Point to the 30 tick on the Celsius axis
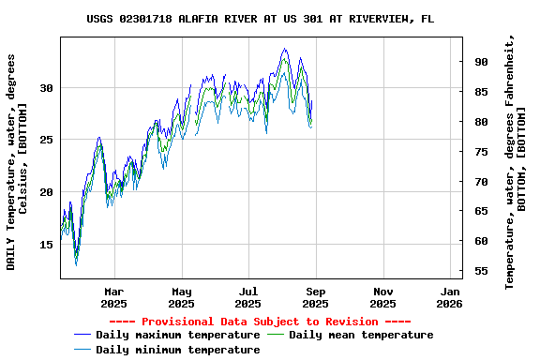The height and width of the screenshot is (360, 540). (x=47, y=87)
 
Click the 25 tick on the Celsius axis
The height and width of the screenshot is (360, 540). (x=47, y=140)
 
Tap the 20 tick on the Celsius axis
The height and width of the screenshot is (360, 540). (x=47, y=192)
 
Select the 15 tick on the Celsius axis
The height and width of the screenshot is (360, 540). (x=47, y=245)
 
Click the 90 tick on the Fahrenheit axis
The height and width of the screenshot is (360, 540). (x=481, y=62)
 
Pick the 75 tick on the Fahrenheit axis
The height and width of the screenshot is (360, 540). (x=481, y=152)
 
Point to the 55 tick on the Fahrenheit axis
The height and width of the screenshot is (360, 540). (x=481, y=272)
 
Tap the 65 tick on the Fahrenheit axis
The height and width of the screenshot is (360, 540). (x=481, y=212)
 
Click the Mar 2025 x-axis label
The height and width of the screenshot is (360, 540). (x=113, y=297)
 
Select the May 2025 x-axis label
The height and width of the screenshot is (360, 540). (x=181, y=297)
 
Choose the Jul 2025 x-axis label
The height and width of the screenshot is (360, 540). (x=248, y=297)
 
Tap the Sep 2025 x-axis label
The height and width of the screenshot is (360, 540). (x=316, y=297)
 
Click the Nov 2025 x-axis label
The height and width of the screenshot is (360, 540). (x=382, y=297)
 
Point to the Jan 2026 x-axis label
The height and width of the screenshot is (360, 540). (x=450, y=297)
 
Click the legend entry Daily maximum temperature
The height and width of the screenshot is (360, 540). (x=177, y=335)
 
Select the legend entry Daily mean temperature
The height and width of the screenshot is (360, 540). (x=361, y=335)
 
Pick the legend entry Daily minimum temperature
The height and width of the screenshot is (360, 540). (x=177, y=350)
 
